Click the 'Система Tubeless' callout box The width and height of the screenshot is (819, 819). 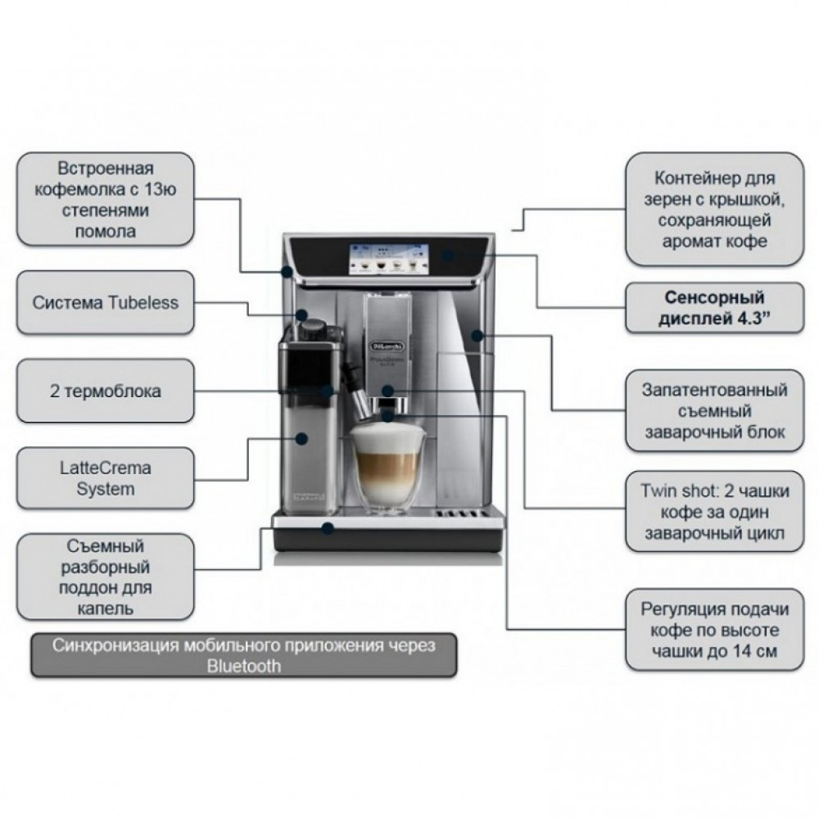(106, 303)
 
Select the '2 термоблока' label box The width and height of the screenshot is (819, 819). (106, 391)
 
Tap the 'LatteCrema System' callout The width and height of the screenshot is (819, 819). (106, 479)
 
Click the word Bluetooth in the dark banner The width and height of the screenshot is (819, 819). (243, 666)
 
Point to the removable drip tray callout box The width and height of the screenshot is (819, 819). (106, 577)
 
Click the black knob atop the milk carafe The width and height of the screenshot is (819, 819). (311, 328)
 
